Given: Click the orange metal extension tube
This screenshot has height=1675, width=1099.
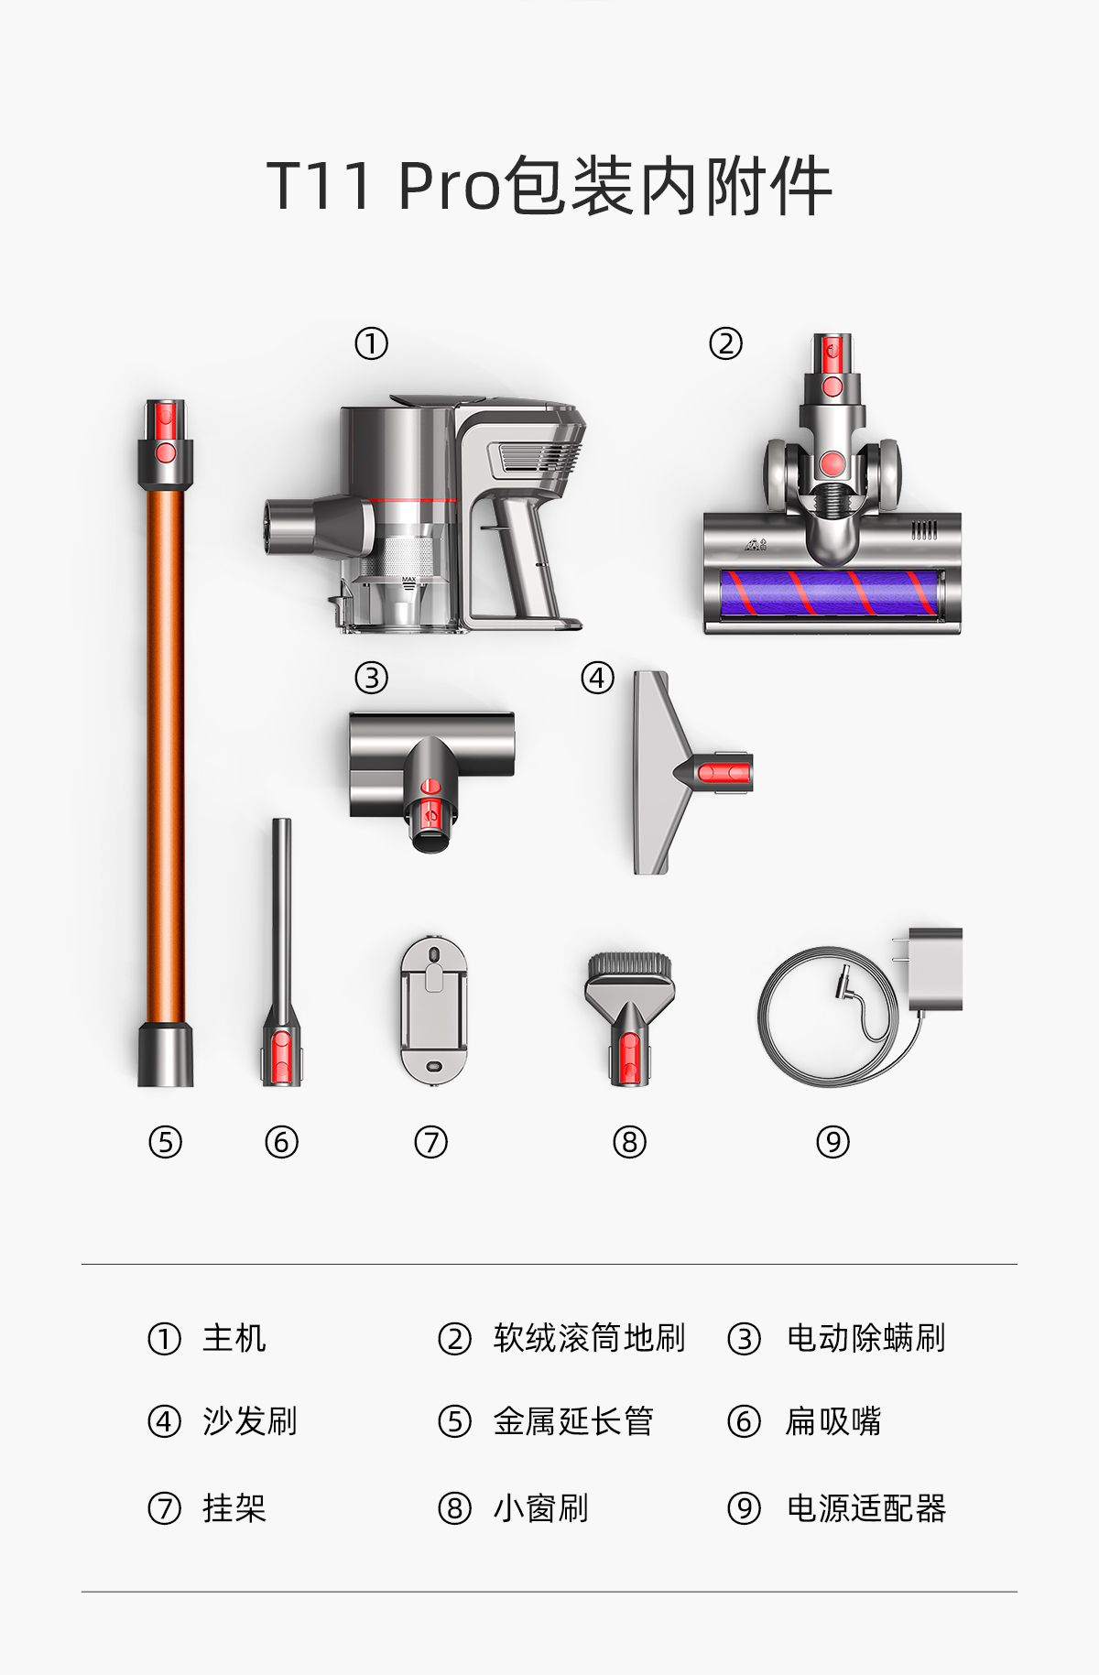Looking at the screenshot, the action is click(x=166, y=742).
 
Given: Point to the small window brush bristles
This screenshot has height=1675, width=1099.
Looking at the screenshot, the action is click(x=629, y=965).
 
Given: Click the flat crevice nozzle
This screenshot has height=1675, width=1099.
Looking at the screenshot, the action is click(x=280, y=952).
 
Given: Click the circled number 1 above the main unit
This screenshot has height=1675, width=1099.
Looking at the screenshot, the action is click(x=371, y=344).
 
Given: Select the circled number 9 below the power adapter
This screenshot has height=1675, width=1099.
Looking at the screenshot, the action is click(x=832, y=1142).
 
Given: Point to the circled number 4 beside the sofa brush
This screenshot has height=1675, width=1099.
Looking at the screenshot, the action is click(x=597, y=679).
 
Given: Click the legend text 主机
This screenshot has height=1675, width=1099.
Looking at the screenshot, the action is click(x=234, y=1338).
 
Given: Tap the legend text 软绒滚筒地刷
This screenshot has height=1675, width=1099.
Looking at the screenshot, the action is click(x=589, y=1338).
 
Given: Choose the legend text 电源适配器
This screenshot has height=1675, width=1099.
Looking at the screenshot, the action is click(x=866, y=1508).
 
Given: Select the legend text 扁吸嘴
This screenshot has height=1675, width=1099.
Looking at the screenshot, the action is click(x=833, y=1421).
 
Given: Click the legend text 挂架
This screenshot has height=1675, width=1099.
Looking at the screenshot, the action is click(x=234, y=1508).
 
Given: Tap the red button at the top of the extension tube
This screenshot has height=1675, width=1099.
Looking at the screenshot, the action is click(x=166, y=452).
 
